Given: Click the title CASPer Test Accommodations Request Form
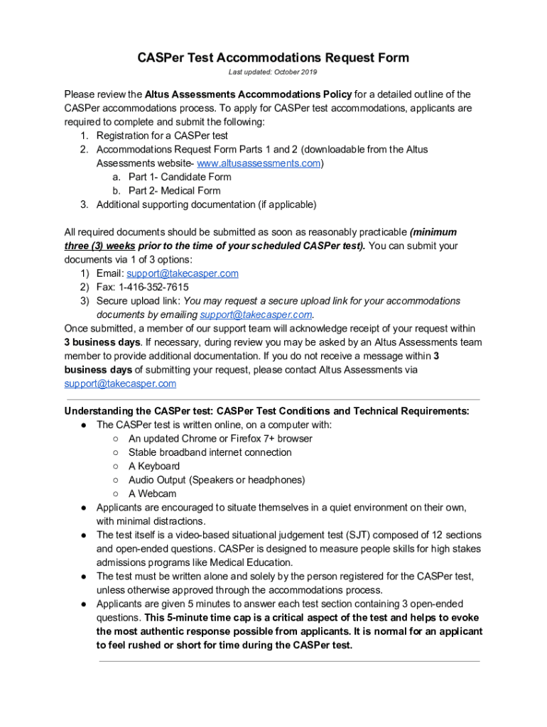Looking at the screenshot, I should (x=273, y=58).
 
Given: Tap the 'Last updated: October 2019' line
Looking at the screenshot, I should (x=273, y=72).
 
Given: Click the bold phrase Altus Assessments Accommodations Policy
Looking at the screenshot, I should (x=248, y=94).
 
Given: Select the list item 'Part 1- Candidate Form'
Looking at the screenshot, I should (x=180, y=177).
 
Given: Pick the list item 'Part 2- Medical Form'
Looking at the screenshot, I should (x=174, y=191).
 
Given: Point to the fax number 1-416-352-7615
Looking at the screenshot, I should (x=153, y=287).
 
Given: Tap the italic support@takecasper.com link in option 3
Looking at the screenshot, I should (x=256, y=315).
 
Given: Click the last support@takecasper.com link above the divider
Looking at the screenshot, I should (x=120, y=383).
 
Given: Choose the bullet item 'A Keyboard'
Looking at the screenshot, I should (x=154, y=466).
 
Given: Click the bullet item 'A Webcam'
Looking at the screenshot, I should (x=152, y=493).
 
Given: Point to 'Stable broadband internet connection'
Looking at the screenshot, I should (x=210, y=452).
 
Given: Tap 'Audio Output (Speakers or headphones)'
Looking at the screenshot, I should (x=217, y=480).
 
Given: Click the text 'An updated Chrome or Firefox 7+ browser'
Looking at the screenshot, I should (x=220, y=439).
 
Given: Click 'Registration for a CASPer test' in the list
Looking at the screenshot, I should (x=173, y=136).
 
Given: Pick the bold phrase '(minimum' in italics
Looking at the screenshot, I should (x=433, y=232).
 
